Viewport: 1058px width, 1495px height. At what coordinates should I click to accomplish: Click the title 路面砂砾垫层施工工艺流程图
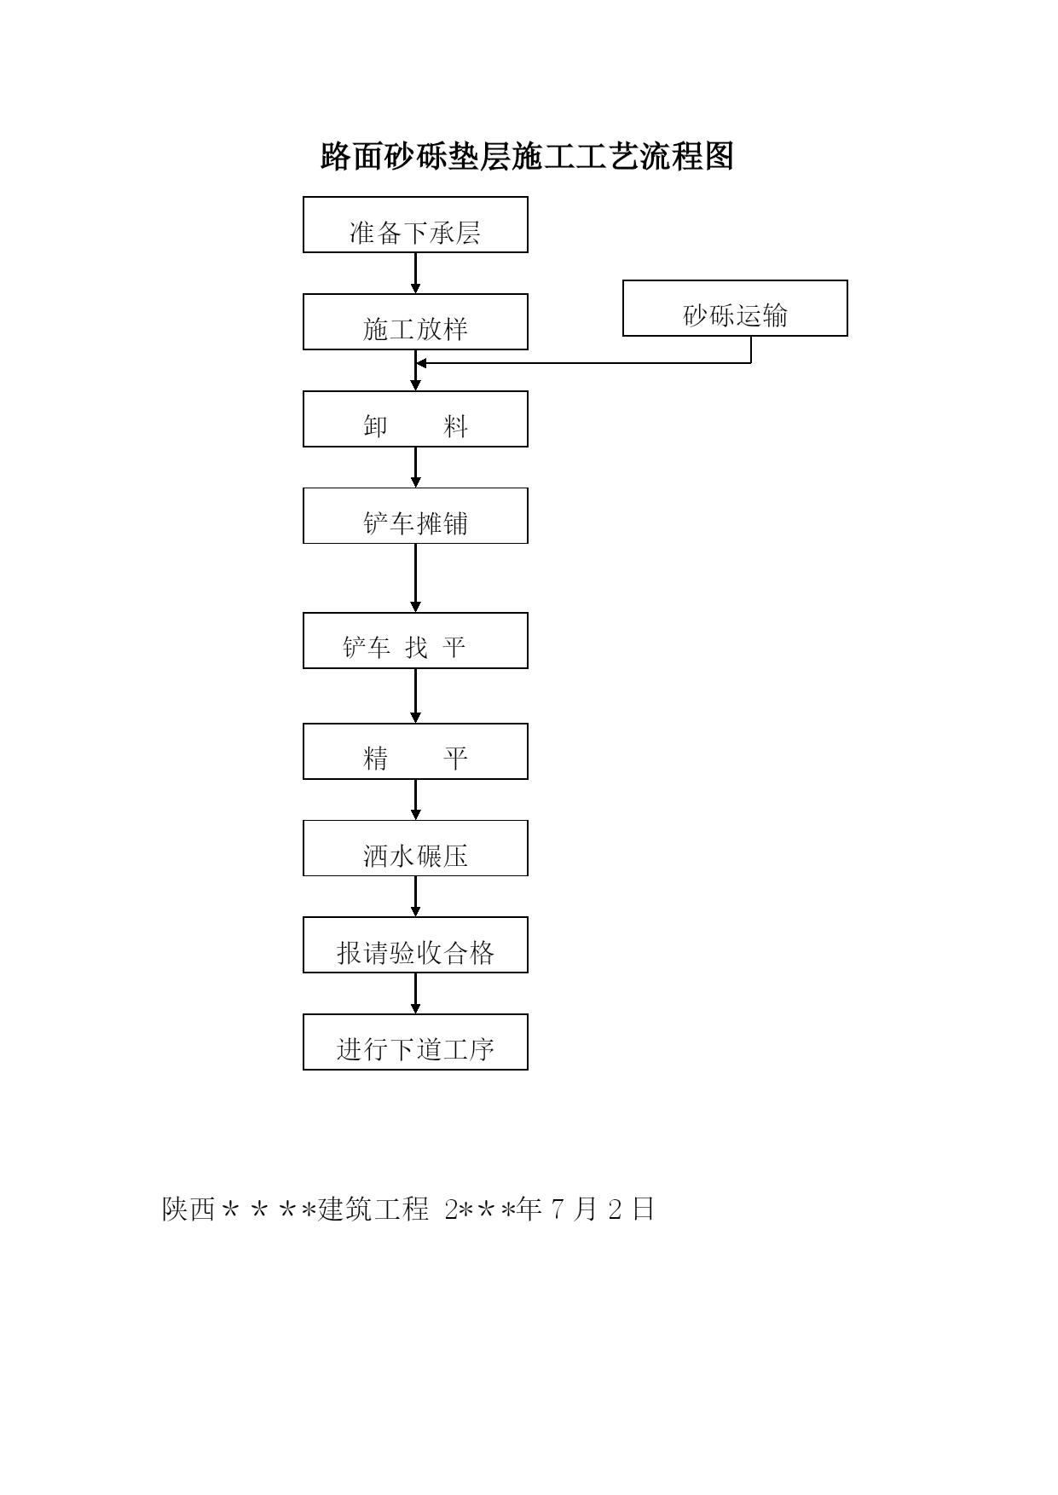click(527, 157)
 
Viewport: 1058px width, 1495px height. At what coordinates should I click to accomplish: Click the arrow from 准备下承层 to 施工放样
click(416, 274)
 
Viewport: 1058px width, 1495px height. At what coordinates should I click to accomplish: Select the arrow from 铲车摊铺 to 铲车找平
click(416, 578)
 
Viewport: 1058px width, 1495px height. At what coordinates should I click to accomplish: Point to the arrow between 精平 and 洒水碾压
click(416, 799)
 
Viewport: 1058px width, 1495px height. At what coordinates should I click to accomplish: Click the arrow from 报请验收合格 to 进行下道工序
click(416, 993)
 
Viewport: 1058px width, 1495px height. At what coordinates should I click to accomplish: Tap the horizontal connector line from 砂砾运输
click(584, 363)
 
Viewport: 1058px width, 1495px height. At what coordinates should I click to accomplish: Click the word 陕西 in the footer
click(188, 1209)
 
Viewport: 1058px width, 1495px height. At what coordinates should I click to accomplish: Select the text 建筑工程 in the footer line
click(373, 1209)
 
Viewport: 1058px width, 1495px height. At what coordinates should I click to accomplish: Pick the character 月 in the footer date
click(585, 1209)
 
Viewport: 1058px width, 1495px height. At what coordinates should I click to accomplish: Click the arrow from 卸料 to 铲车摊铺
click(416, 467)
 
